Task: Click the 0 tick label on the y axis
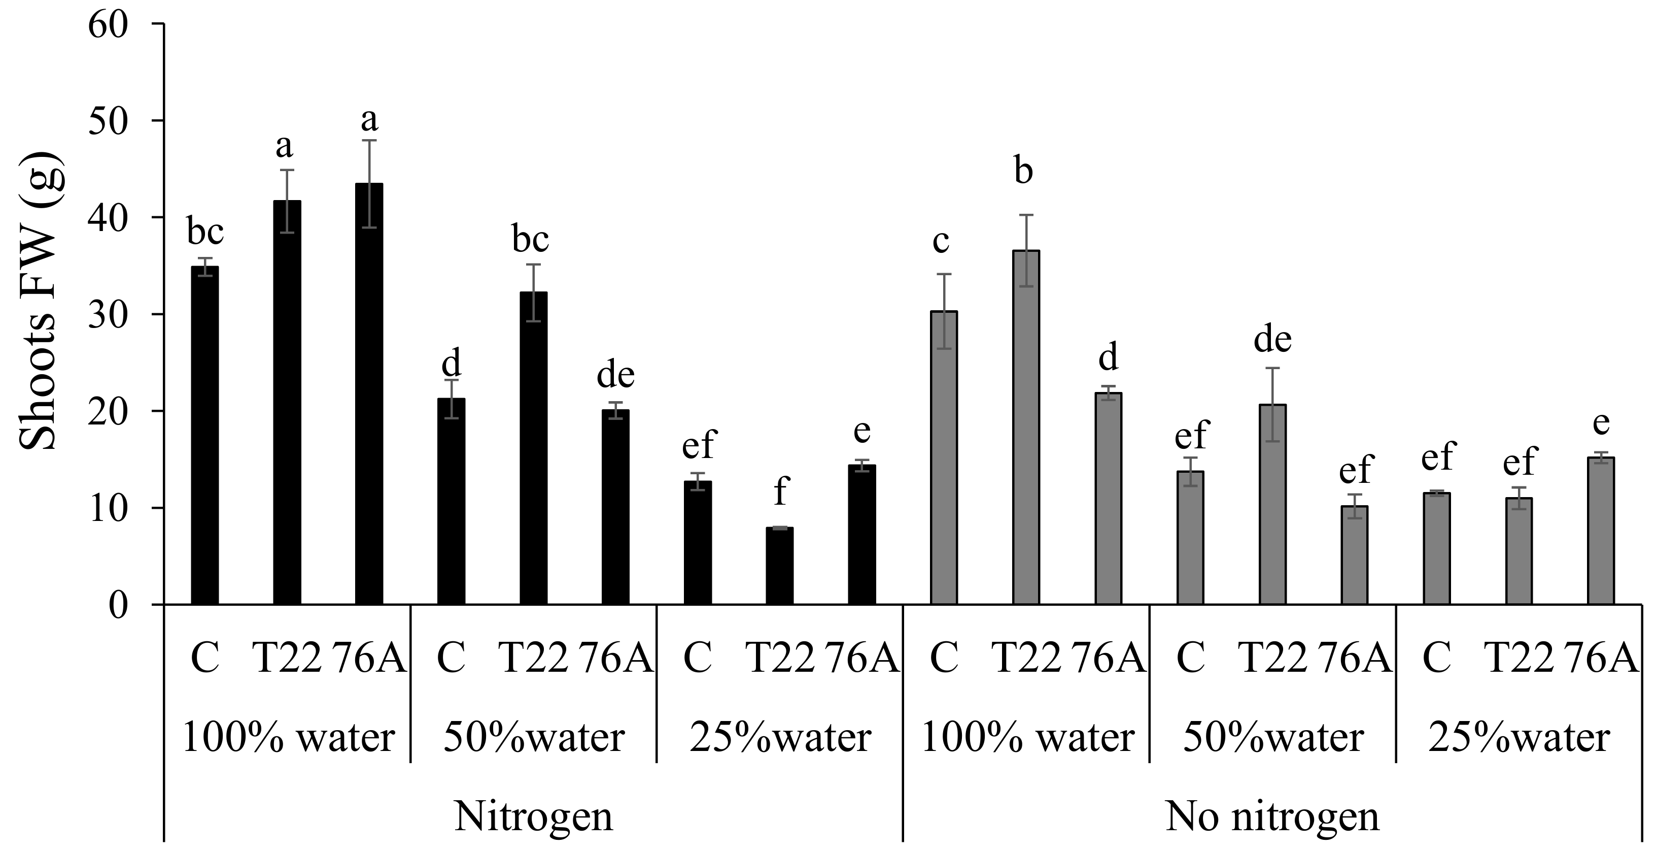tap(118, 605)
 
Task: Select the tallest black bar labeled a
tap(369, 394)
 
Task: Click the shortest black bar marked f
tap(779, 566)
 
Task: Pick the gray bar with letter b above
tap(1026, 428)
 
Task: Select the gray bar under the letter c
tap(944, 458)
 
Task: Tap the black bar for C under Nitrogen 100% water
tap(205, 436)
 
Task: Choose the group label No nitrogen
tap(1272, 816)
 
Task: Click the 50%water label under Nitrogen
tap(534, 738)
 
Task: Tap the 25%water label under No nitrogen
tap(1519, 738)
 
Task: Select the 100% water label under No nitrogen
tap(1027, 738)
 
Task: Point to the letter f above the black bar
tap(780, 491)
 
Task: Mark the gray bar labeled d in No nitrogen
tap(1108, 499)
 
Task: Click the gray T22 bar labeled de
tap(1272, 504)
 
